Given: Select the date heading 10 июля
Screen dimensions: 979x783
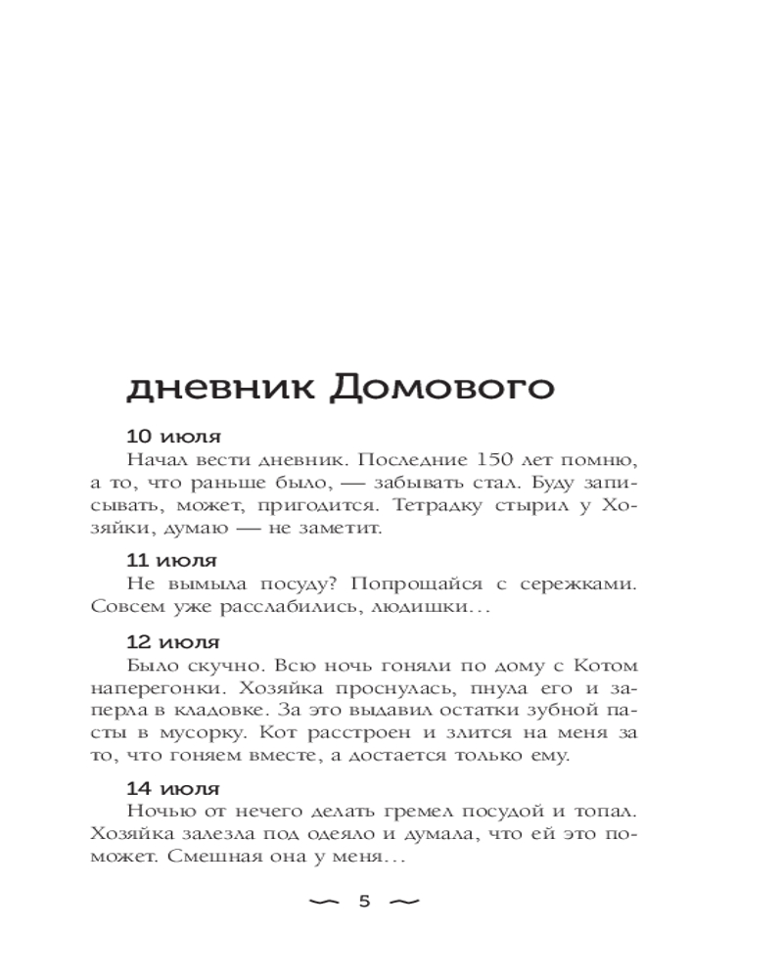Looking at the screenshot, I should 173,437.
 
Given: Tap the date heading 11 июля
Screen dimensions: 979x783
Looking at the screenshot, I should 172,561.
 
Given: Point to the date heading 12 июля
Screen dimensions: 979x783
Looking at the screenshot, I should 173,643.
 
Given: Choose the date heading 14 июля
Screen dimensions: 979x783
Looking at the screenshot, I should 173,787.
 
